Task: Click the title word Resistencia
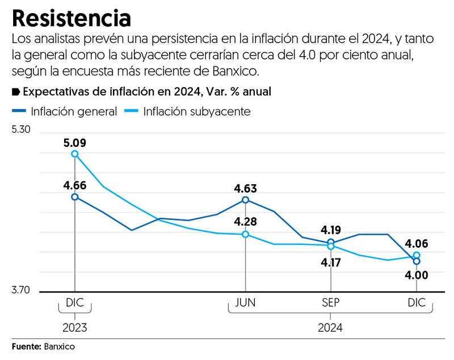[72, 18]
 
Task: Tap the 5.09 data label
[74, 142]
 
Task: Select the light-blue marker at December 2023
[75, 154]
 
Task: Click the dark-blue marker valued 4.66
[75, 197]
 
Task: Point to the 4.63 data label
[245, 188]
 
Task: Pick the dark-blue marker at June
[245, 200]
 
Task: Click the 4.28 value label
[245, 222]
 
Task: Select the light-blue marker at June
[245, 234]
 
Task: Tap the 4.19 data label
[331, 230]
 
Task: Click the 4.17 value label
[331, 263]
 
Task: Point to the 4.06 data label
[417, 244]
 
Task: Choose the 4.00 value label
[417, 276]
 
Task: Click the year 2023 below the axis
[75, 327]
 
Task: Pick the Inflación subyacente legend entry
[187, 111]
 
